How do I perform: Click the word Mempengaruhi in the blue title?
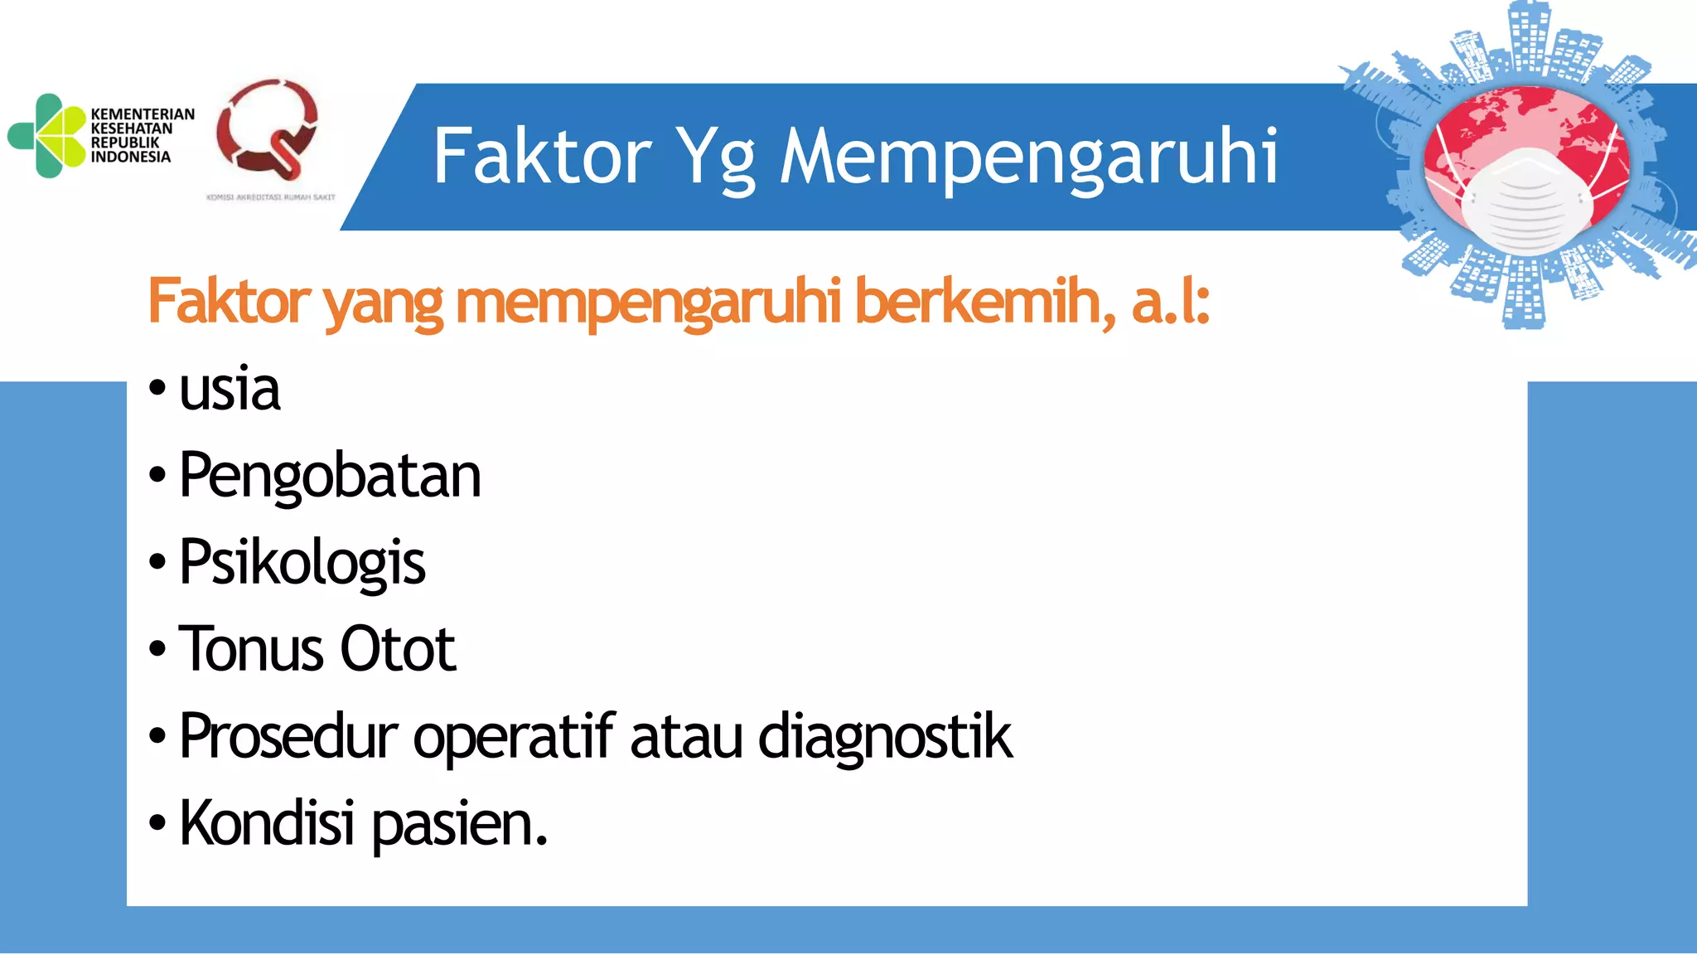tap(1029, 158)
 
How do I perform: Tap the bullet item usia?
tap(230, 390)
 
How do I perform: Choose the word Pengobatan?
tap(330, 476)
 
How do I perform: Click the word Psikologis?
tap(302, 563)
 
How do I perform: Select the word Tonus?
tap(252, 649)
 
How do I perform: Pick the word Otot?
tap(398, 649)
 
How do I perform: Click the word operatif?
tap(514, 736)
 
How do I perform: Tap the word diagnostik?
tap(885, 736)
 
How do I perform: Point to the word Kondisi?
tap(267, 823)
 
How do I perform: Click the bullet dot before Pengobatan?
tap(157, 476)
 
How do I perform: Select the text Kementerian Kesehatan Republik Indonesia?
tap(142, 135)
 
